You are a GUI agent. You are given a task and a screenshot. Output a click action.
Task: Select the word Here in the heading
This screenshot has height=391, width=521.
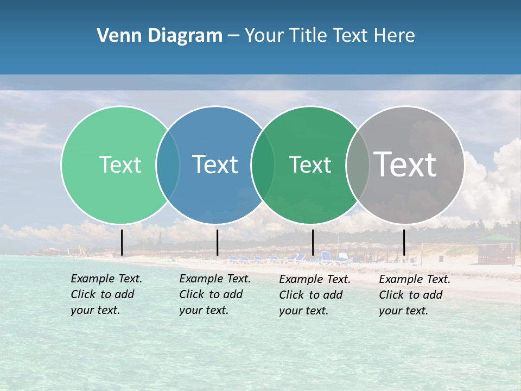click(x=396, y=36)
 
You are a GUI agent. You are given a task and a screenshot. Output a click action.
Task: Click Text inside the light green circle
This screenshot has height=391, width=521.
click(x=120, y=165)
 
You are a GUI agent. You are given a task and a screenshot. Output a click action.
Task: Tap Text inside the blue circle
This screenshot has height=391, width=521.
click(x=215, y=165)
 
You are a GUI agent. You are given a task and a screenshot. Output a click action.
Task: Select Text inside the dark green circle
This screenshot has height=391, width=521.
click(x=310, y=165)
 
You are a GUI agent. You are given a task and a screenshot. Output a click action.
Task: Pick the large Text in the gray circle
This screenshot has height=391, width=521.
click(x=405, y=165)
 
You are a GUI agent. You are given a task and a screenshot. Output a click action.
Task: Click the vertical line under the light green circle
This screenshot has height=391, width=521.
click(x=122, y=242)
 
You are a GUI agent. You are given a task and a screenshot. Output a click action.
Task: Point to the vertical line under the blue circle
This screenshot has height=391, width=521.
click(x=217, y=242)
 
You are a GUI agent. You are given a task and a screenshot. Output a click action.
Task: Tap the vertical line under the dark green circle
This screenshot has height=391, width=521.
click(x=313, y=242)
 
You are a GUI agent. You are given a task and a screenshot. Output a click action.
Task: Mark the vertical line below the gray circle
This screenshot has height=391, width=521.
click(x=404, y=242)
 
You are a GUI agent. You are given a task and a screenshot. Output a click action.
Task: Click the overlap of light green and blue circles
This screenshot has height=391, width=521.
click(x=168, y=165)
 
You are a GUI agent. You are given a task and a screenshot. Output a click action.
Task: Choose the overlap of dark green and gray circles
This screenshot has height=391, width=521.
click(x=358, y=165)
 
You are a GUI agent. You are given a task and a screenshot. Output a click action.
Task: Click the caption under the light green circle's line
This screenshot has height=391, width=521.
click(x=106, y=294)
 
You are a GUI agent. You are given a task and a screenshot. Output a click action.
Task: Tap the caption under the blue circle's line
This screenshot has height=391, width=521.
click(x=214, y=294)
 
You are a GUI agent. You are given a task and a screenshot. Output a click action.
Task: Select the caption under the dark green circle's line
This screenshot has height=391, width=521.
click(x=314, y=295)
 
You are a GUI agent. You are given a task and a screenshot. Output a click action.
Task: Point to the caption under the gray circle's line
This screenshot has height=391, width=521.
click(x=414, y=295)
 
